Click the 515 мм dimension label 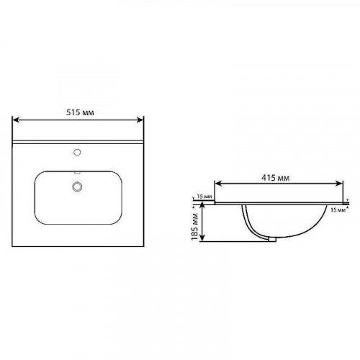pos(80,113)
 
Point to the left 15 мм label pos(203,197)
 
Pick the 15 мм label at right pos(336,210)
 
